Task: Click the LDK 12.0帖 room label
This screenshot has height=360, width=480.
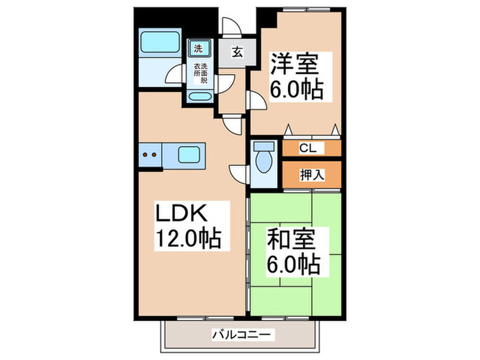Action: tap(187, 226)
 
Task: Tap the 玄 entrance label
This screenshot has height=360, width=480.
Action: tap(235, 52)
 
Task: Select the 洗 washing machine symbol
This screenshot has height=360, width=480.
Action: tap(198, 48)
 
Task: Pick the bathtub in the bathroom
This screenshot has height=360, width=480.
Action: tap(160, 45)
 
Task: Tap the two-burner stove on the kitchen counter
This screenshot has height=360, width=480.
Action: tap(150, 154)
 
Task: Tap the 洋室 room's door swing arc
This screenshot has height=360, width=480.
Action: tap(256, 101)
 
